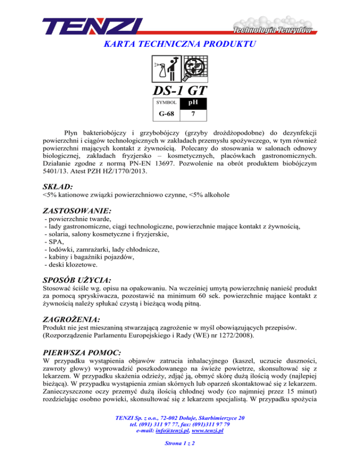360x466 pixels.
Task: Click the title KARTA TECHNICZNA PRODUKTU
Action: [x=180, y=45]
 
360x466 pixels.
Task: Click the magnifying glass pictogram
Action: [x=193, y=69]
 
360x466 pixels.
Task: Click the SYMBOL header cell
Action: [x=166, y=102]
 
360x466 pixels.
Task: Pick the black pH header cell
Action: [x=194, y=102]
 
